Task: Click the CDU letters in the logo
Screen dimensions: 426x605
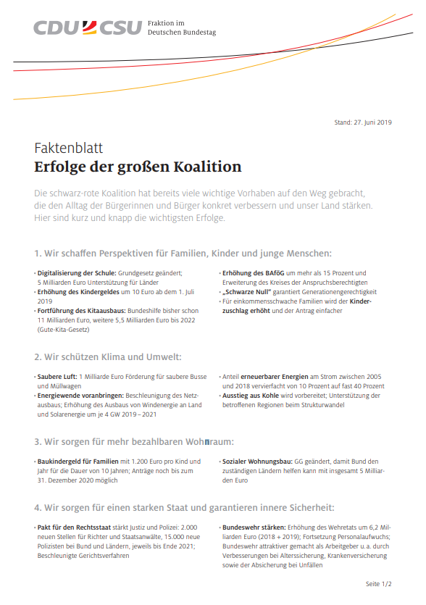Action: pos(56,28)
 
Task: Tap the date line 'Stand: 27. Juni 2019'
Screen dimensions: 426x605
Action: pos(362,122)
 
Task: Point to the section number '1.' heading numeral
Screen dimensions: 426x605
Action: pos(38,254)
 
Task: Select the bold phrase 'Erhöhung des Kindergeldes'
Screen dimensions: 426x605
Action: pos(78,291)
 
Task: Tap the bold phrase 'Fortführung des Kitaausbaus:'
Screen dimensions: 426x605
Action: pos(82,310)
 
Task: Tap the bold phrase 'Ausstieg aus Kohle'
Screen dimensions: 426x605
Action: pos(249,396)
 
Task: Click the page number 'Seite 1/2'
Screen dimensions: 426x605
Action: pos(378,583)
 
